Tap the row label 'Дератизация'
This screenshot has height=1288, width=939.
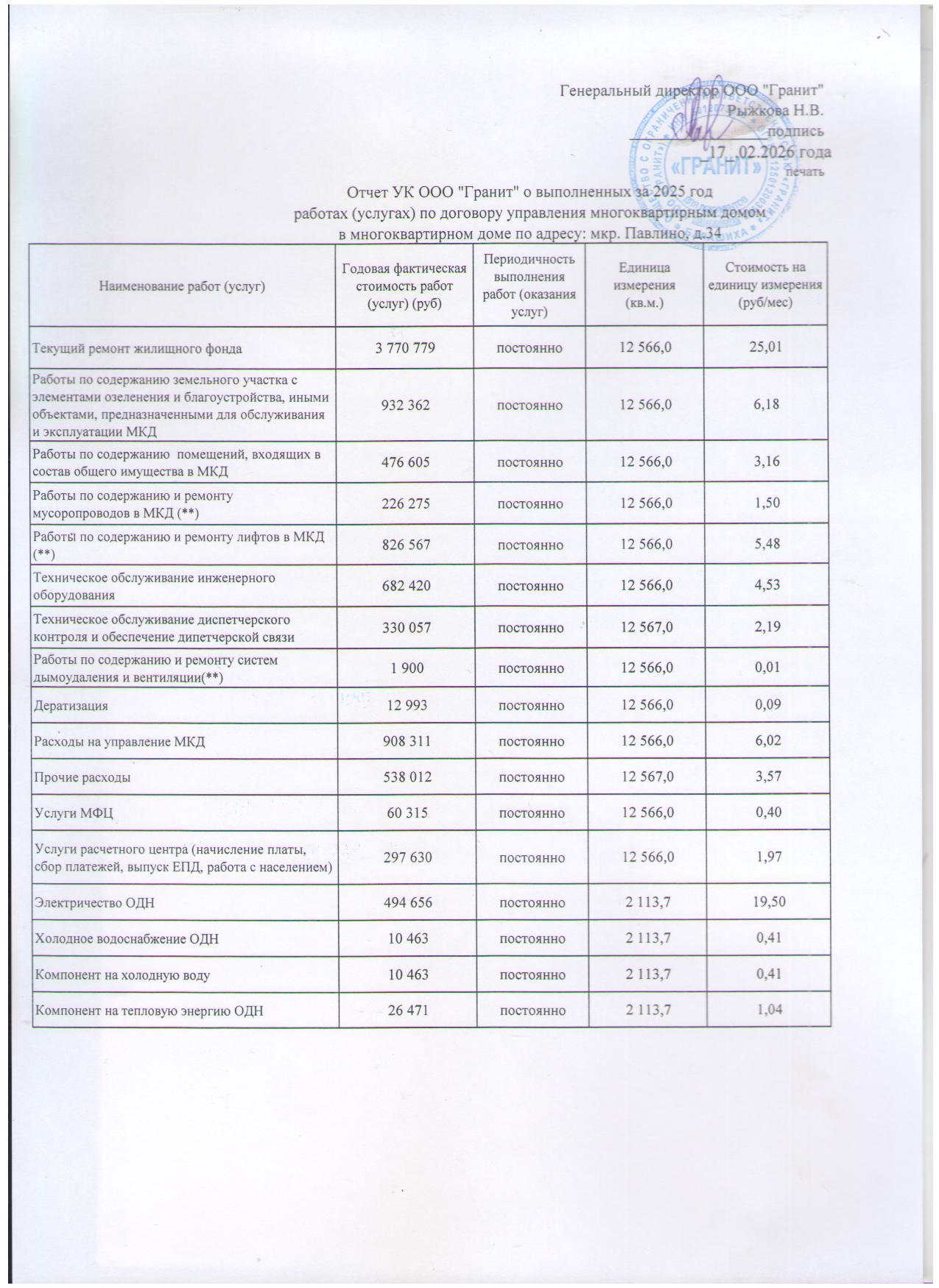pyautogui.click(x=71, y=706)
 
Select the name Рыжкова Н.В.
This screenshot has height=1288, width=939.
pyautogui.click(x=776, y=111)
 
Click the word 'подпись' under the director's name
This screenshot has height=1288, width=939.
pyautogui.click(x=795, y=132)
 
